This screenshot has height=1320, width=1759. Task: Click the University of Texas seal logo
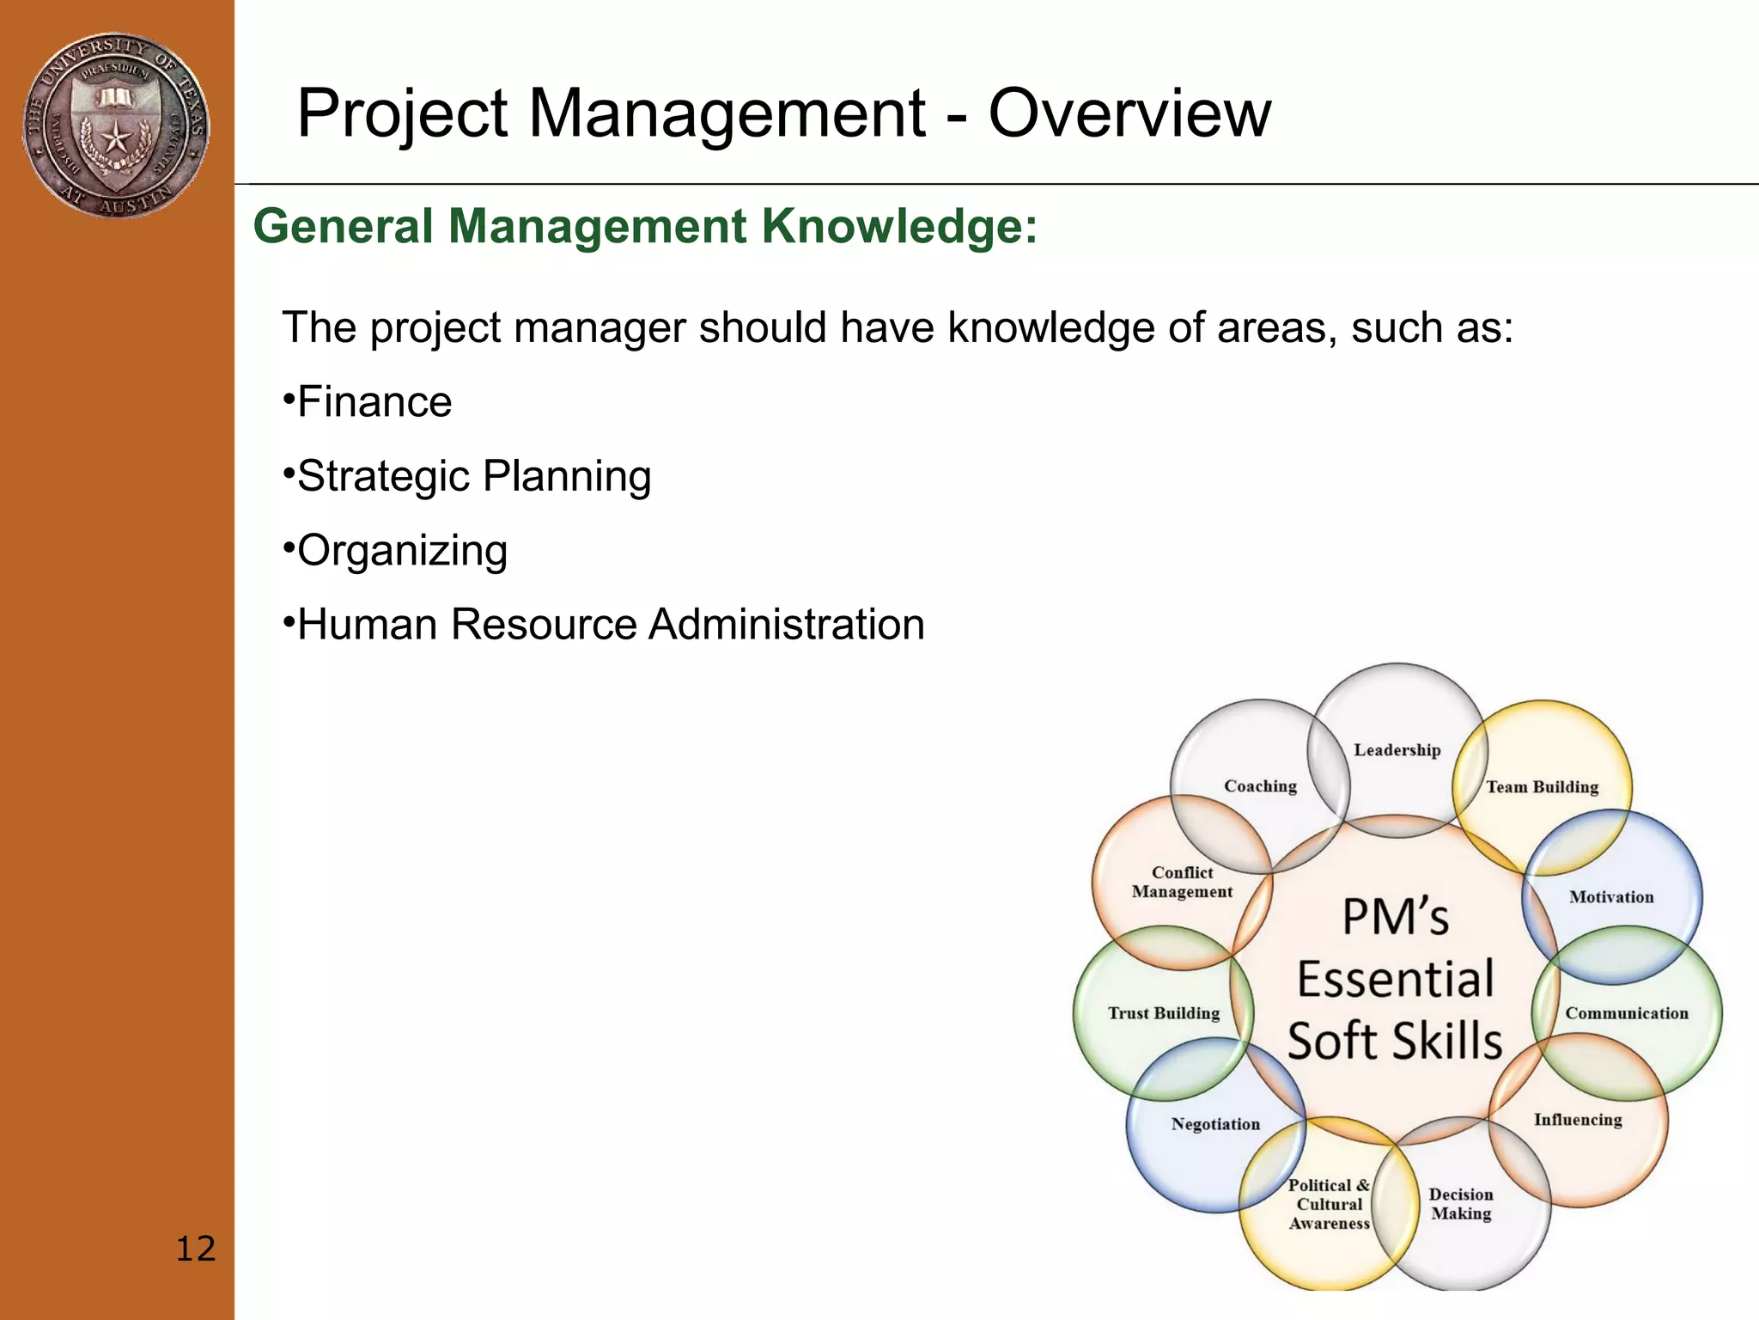point(115,125)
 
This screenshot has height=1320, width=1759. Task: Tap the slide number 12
point(195,1249)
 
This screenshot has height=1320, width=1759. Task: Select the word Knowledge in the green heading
point(899,227)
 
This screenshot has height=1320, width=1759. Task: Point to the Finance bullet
point(374,402)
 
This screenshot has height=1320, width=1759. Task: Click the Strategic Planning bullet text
point(473,477)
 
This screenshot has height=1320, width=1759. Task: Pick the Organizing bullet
point(401,551)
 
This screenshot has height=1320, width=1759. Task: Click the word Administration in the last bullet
point(786,625)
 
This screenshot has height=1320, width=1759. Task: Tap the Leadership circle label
point(1397,750)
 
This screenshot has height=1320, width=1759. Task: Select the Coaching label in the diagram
point(1260,786)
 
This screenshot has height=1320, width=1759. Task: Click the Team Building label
point(1542,787)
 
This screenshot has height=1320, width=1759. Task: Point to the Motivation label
point(1610,897)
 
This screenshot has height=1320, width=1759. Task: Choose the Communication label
point(1626,1013)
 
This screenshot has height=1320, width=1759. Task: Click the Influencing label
point(1577,1120)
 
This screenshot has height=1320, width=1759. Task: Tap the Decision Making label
point(1460,1204)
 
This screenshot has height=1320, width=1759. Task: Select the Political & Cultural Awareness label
point(1329,1204)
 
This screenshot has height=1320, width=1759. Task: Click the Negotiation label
point(1214,1124)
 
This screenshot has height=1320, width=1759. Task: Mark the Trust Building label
point(1163,1013)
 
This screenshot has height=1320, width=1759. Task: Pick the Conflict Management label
point(1181,883)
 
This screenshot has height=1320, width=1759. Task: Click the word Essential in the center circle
point(1395,980)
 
